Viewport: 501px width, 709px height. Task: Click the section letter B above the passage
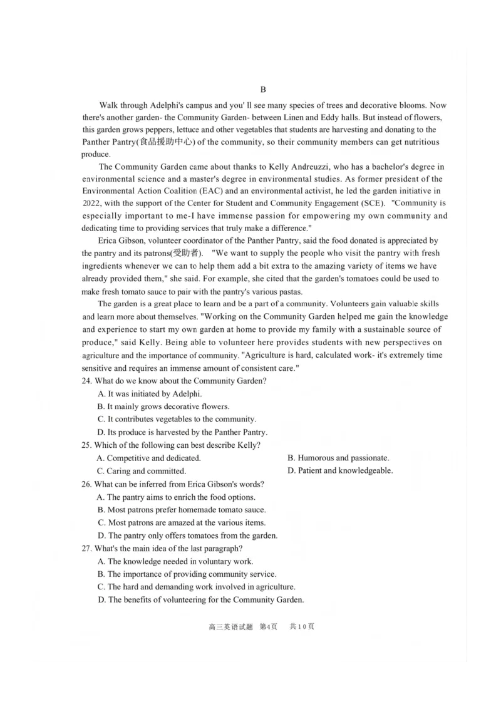[263, 90]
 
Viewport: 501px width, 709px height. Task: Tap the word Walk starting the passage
[109, 105]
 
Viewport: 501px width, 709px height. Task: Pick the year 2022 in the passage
[91, 204]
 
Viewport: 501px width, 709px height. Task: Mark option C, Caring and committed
[142, 471]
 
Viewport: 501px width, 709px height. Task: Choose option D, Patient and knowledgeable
[340, 471]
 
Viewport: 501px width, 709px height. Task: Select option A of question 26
[176, 497]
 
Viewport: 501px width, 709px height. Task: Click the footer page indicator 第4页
[267, 627]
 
